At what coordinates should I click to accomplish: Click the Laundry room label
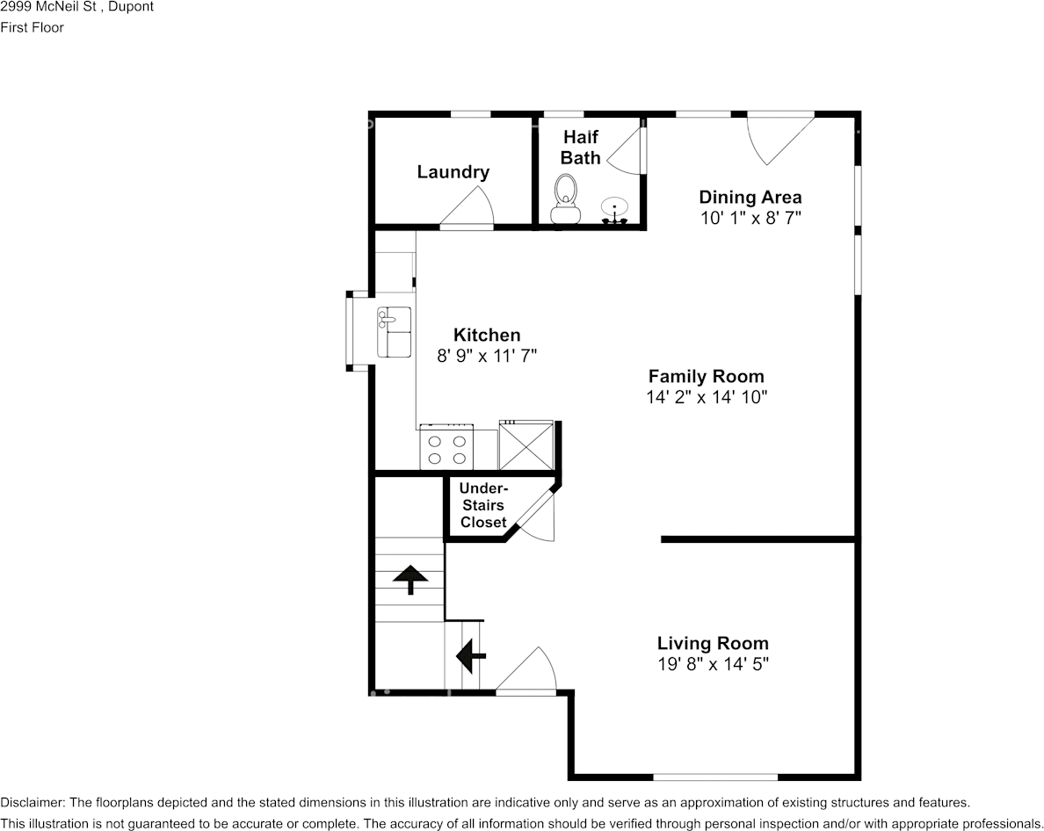point(453,172)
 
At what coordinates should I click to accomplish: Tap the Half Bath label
point(580,148)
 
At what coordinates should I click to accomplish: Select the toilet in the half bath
point(565,199)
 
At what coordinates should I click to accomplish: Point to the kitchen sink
point(395,331)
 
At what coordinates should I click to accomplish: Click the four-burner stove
point(446,447)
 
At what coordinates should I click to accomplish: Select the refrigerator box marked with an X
point(526,445)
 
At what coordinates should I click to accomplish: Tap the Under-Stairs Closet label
point(483,506)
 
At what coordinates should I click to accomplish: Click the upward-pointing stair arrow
point(410,579)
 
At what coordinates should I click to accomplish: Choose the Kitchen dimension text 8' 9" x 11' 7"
point(486,356)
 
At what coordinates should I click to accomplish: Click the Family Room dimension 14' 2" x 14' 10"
point(707,397)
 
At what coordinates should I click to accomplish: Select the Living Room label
point(713,643)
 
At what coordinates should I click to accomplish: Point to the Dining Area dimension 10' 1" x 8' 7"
point(750,218)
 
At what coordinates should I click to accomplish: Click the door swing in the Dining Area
point(777,136)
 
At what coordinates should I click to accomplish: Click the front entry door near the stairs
point(528,673)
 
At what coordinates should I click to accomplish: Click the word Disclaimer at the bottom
point(32,803)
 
